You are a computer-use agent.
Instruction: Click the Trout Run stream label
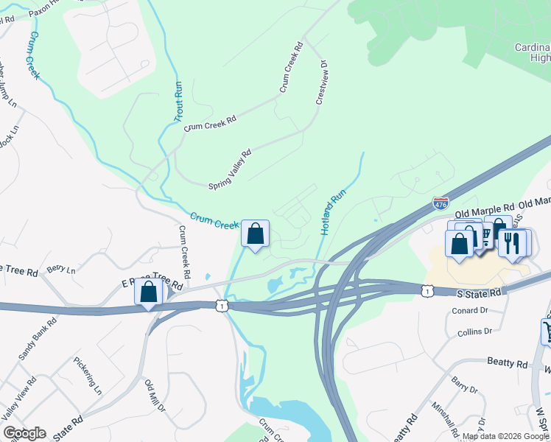pyautogui.click(x=178, y=101)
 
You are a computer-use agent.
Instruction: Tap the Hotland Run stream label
pyautogui.click(x=333, y=213)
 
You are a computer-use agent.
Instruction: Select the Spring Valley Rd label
pyautogui.click(x=230, y=169)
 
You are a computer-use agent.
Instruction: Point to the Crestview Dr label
pyautogui.click(x=321, y=83)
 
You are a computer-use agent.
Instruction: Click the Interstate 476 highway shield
pyautogui.click(x=441, y=202)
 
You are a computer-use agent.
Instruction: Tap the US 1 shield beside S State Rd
pyautogui.click(x=427, y=291)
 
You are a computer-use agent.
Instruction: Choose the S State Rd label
pyautogui.click(x=478, y=293)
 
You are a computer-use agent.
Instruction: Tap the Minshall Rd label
pyautogui.click(x=445, y=421)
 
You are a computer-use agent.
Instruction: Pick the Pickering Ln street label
pyautogui.click(x=87, y=376)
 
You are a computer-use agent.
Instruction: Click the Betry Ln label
pyautogui.click(x=61, y=270)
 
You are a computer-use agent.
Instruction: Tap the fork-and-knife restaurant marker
pyautogui.click(x=512, y=242)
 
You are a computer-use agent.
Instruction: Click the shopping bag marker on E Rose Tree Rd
pyautogui.click(x=149, y=292)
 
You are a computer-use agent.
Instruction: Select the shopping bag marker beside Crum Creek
pyautogui.click(x=255, y=234)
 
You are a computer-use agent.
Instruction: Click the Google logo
pyautogui.click(x=24, y=433)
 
